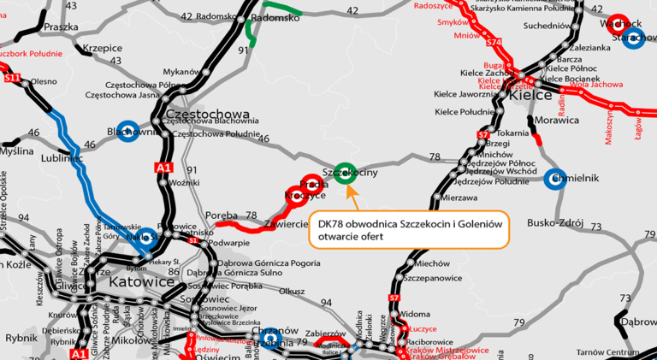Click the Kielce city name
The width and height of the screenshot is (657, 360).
point(531,96)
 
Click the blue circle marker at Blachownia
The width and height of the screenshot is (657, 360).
point(128,131)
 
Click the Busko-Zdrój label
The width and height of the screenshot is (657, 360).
point(555,224)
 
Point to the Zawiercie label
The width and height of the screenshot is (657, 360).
point(286,224)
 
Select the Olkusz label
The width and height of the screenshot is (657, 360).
point(293,291)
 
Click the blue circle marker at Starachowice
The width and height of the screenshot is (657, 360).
point(634,38)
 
